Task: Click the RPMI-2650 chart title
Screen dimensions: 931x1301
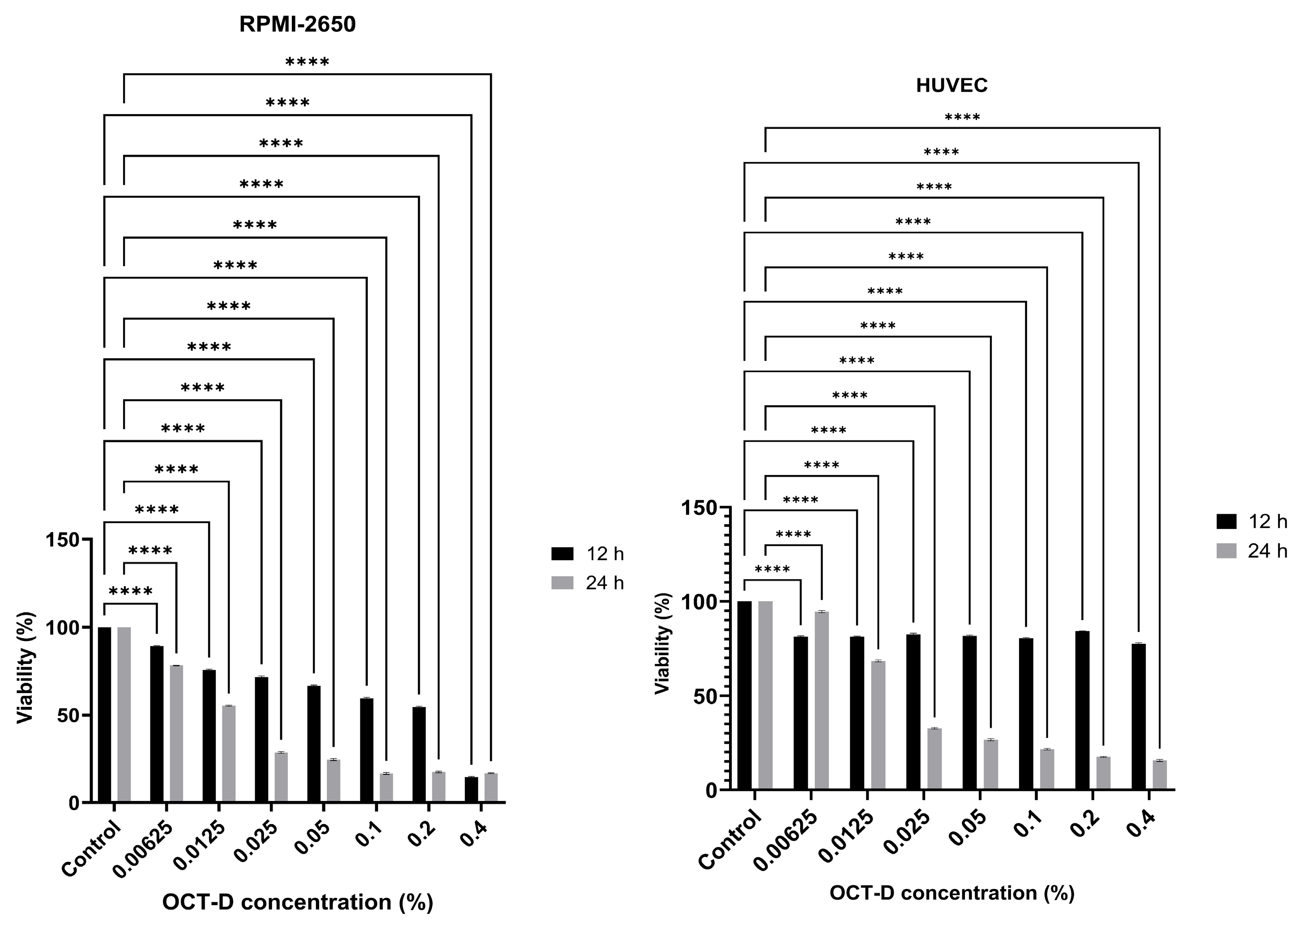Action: (x=297, y=25)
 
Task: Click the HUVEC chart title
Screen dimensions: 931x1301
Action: (x=951, y=85)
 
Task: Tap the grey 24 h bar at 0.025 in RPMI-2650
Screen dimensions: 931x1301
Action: (x=281, y=777)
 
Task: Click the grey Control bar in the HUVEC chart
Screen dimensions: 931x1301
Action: (x=765, y=695)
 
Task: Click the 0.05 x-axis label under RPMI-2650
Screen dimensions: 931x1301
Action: (x=313, y=838)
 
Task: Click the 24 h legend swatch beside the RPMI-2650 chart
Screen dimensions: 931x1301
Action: (x=562, y=583)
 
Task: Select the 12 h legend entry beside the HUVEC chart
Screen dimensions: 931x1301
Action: (x=1250, y=521)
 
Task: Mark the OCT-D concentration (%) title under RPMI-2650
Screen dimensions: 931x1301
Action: (x=297, y=902)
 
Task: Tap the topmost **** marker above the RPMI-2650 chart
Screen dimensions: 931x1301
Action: (x=307, y=62)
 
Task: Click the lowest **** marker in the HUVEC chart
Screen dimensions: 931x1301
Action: (x=772, y=570)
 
